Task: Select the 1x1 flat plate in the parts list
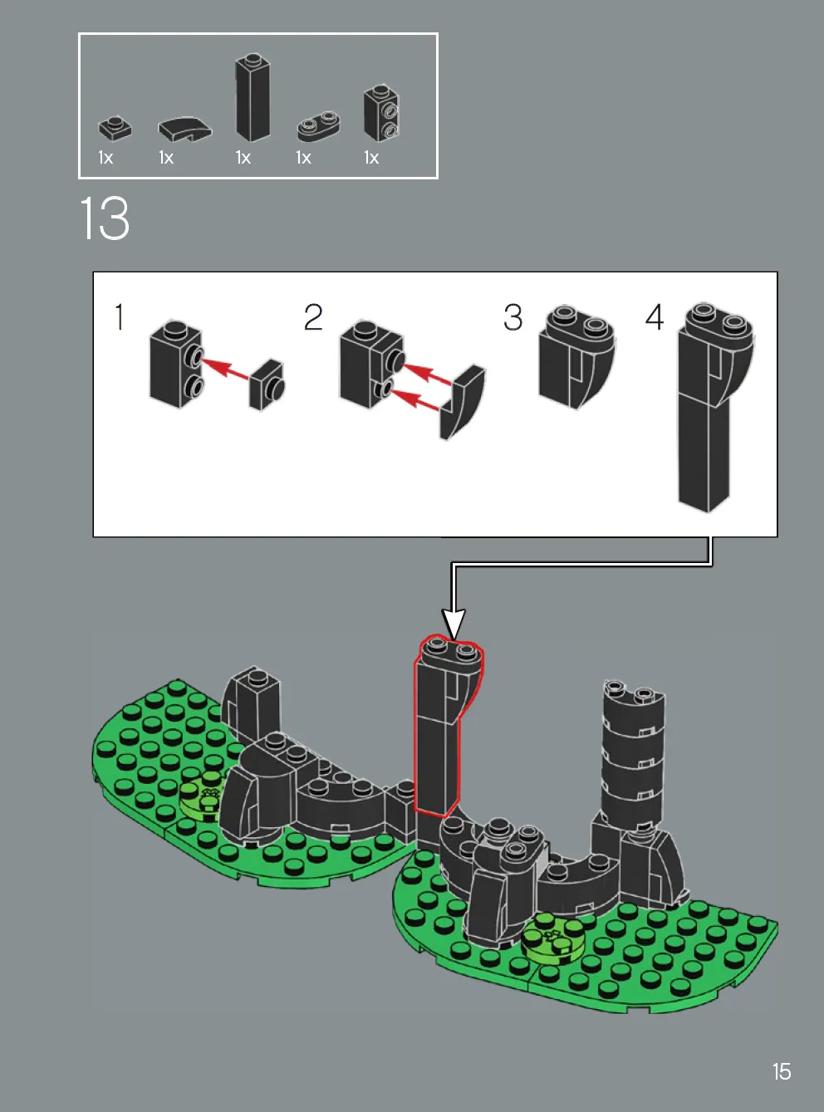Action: click(115, 129)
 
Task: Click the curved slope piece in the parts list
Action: click(185, 130)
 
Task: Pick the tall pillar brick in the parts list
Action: click(253, 97)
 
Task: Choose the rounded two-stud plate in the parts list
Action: click(318, 125)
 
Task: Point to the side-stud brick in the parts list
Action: click(381, 114)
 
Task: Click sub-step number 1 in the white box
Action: click(120, 317)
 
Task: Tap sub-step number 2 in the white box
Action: click(313, 317)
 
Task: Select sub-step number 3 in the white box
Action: click(513, 317)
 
